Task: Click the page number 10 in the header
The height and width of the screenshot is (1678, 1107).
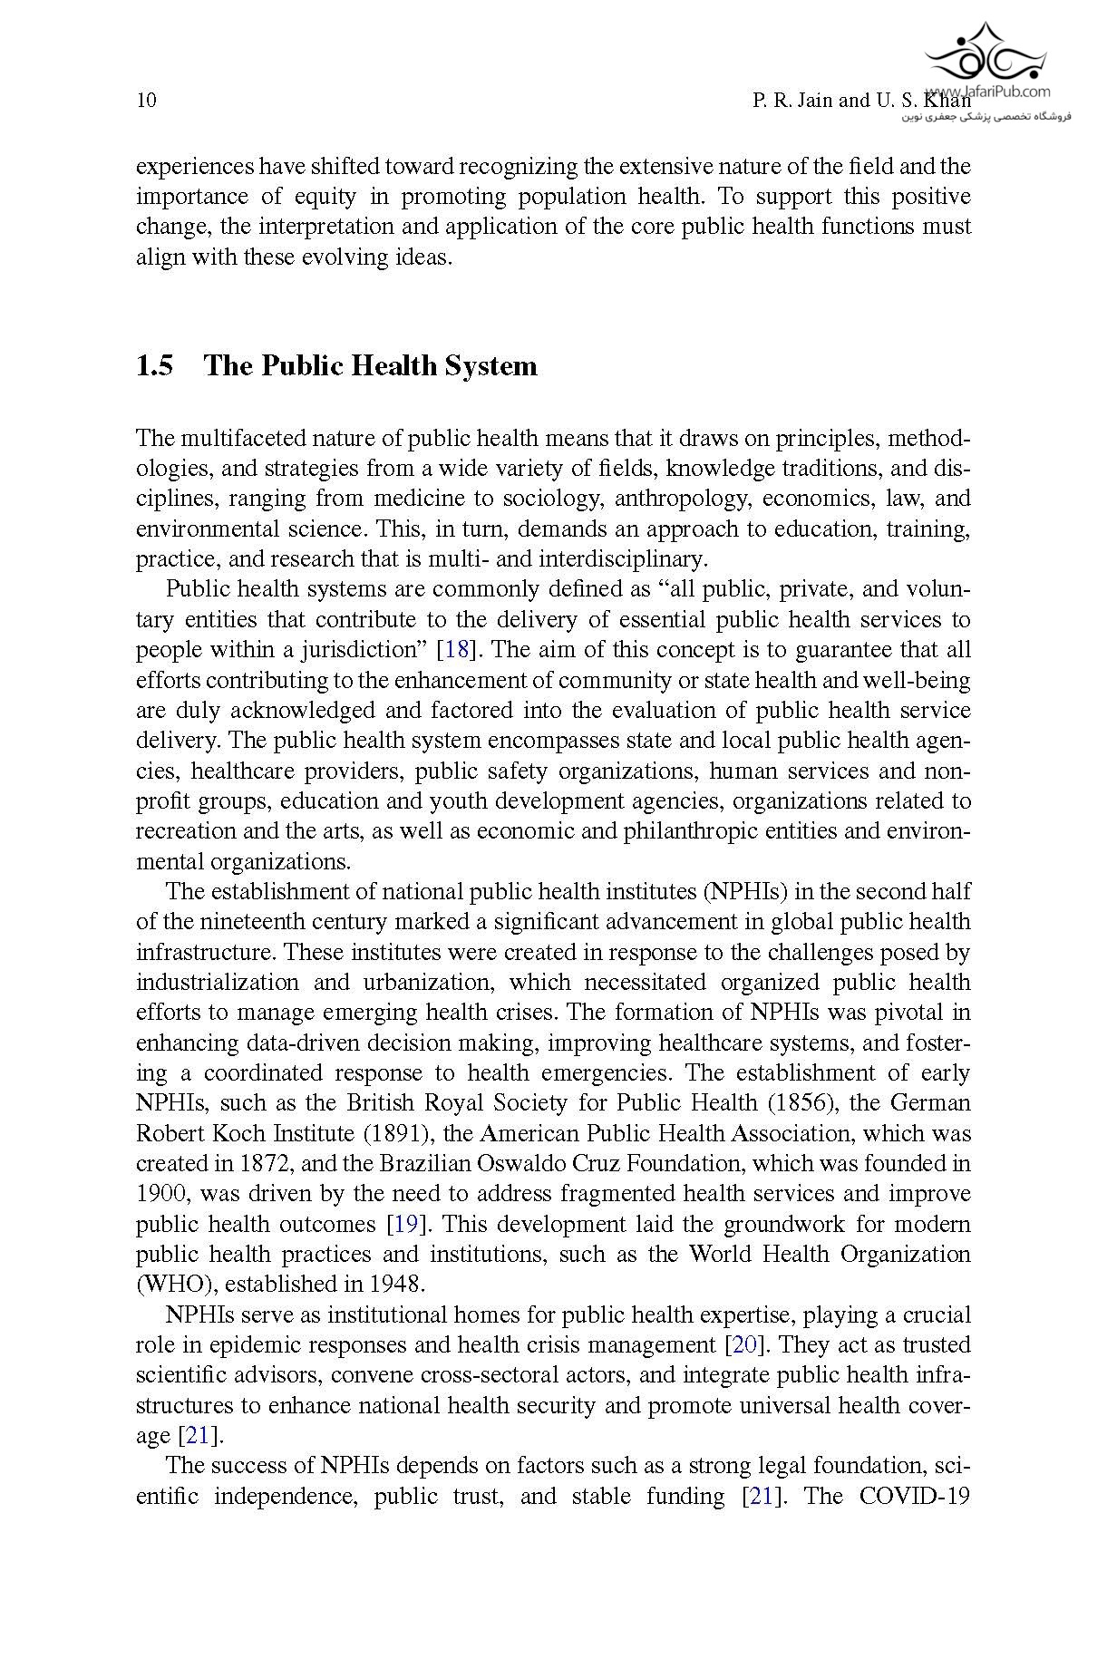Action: coord(146,100)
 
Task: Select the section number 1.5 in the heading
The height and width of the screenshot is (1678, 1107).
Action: coord(154,366)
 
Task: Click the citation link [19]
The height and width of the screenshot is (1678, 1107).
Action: coord(403,1225)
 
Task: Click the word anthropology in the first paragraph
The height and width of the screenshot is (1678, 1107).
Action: coord(683,500)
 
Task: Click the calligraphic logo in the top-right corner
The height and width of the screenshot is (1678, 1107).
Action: coord(984,54)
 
